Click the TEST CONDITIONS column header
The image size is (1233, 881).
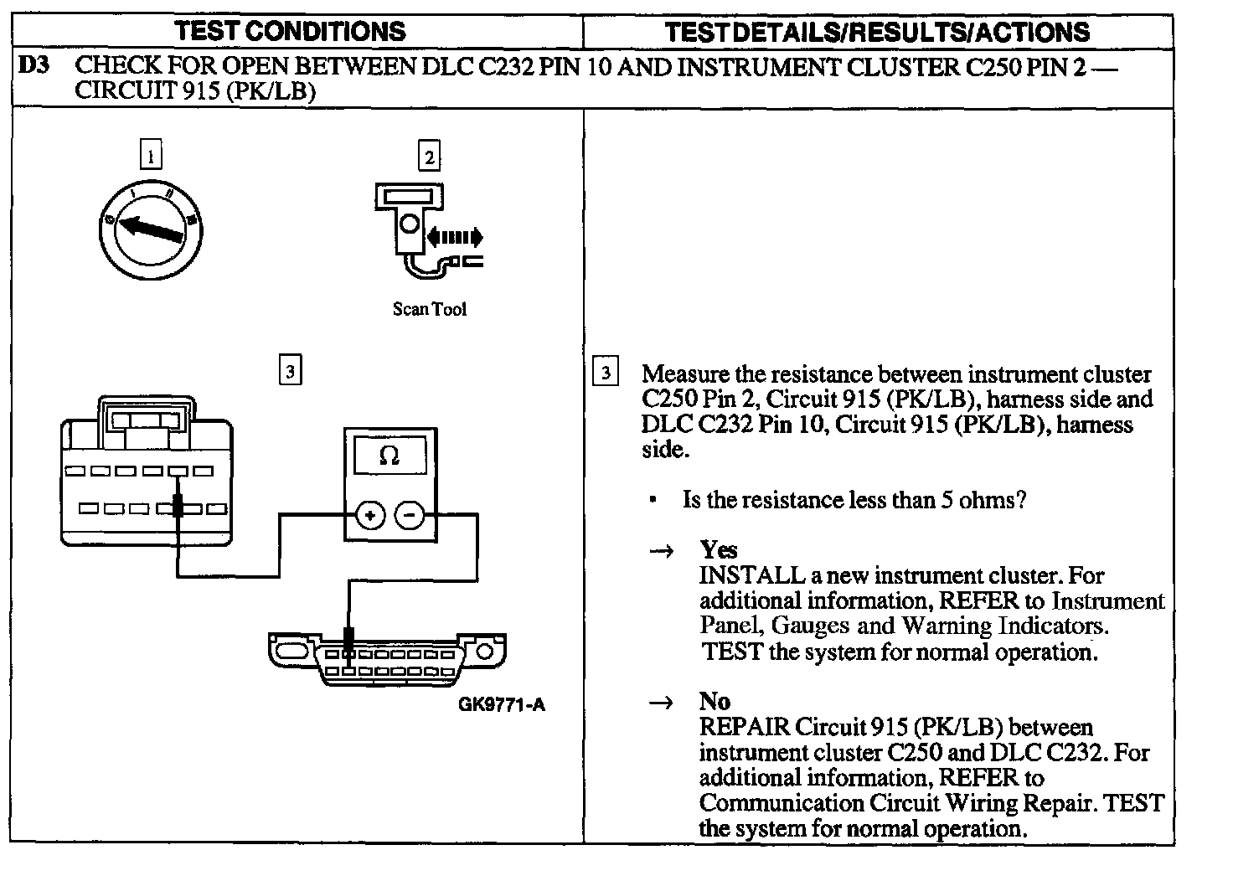[290, 32]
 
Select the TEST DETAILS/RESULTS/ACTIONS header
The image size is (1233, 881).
[877, 33]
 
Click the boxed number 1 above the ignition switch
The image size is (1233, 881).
[151, 156]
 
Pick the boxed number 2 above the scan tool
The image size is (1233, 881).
[429, 157]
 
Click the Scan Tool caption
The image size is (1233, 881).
[429, 309]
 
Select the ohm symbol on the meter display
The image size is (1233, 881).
[390, 456]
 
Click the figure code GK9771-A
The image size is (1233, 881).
[502, 704]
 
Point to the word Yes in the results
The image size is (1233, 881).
[719, 550]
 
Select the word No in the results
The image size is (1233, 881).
[715, 702]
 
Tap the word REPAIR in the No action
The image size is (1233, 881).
[745, 727]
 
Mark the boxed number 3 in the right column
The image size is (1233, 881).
[605, 372]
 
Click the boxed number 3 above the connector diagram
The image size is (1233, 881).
[290, 370]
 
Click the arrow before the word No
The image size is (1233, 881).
[662, 703]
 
